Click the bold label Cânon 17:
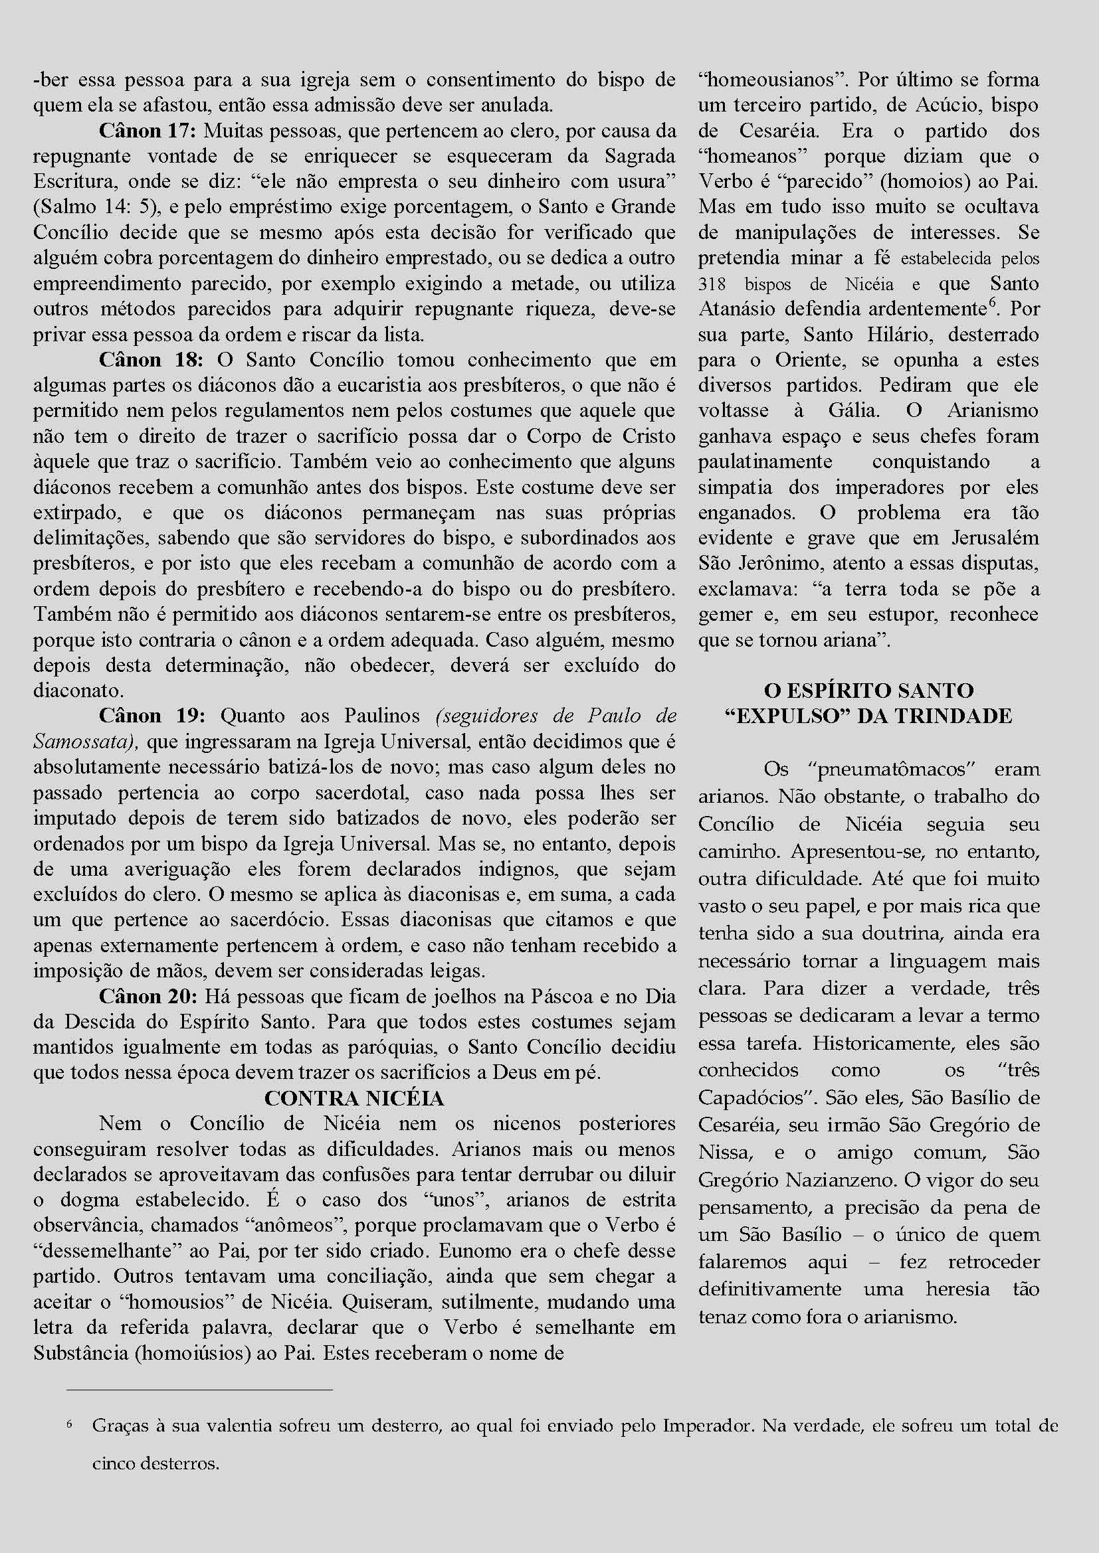click(148, 131)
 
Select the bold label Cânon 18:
click(151, 361)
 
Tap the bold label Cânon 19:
click(151, 717)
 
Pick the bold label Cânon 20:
click(150, 997)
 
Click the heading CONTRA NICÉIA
click(354, 1098)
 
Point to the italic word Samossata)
click(86, 743)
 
